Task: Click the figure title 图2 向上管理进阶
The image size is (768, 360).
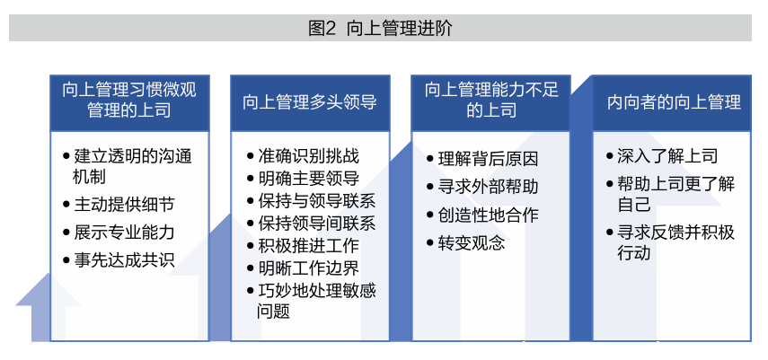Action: tap(380, 29)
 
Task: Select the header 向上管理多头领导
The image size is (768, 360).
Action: tap(310, 102)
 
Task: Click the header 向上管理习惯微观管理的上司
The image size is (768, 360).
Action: tap(129, 100)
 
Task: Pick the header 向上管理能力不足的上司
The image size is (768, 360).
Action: tap(491, 100)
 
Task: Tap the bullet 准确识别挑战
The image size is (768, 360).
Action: tap(304, 155)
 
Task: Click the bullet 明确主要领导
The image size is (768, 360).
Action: tap(304, 179)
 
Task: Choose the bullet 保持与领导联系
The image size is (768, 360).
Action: tap(312, 201)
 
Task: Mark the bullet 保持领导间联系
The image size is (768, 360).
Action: tap(312, 224)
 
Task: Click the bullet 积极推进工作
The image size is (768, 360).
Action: tap(304, 245)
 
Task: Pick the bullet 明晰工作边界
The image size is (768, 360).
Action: tap(304, 268)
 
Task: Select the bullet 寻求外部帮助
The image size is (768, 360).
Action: tap(482, 187)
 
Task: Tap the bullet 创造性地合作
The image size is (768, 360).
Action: tap(482, 215)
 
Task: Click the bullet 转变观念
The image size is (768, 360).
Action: tap(466, 243)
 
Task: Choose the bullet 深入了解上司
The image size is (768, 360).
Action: tap(662, 155)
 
